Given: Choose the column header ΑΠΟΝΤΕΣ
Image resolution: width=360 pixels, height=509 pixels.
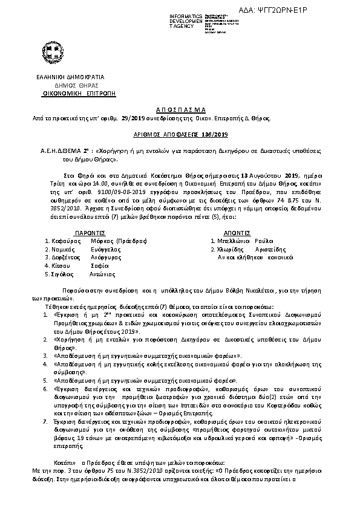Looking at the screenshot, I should click(232, 232).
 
